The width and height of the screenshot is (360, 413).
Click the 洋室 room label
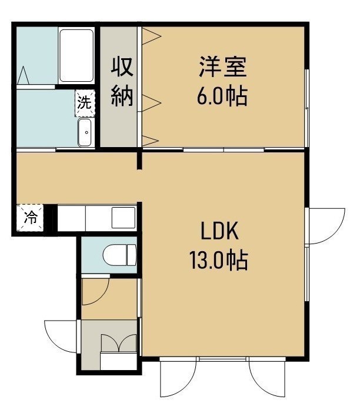[223, 66]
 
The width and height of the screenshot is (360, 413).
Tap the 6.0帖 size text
[222, 96]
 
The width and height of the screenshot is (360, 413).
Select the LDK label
[219, 231]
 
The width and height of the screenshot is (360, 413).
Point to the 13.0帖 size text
[219, 261]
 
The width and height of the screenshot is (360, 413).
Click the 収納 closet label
[122, 82]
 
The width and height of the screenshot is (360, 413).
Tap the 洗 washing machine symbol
[85, 103]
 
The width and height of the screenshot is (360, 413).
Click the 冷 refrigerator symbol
[30, 218]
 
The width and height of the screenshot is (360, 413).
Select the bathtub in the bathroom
[76, 55]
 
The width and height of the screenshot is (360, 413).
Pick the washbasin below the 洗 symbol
[85, 132]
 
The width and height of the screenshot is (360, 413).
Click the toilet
[120, 255]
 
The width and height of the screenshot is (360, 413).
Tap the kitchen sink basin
[124, 218]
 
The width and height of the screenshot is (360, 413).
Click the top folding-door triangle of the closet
[151, 36]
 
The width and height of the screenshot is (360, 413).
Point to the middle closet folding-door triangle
[151, 103]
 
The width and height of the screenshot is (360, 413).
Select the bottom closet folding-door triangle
[151, 141]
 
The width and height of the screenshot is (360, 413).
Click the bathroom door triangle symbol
[24, 75]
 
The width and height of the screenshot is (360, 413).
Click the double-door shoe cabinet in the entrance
[118, 343]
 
